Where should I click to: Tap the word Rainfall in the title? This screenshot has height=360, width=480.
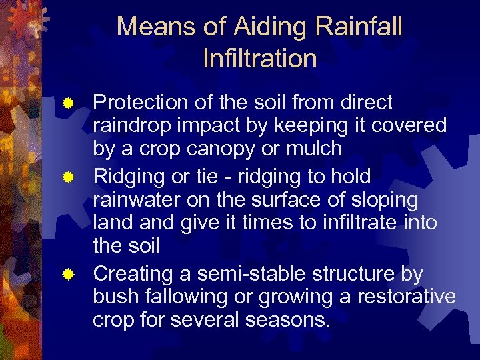coord(359,27)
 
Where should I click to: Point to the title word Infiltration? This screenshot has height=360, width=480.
coord(260,59)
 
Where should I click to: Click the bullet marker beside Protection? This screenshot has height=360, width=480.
coord(67,103)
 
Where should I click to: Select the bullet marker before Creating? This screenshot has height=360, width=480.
coord(67,275)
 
